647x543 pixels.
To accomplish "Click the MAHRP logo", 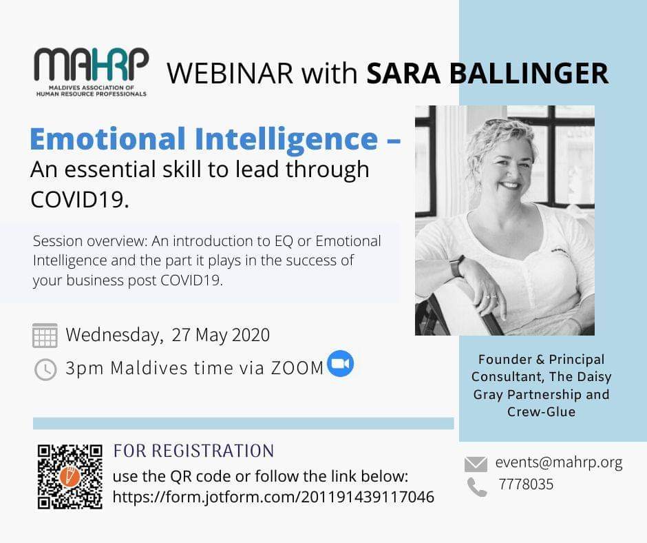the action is (91, 72).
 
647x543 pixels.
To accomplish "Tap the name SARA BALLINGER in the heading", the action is (488, 74).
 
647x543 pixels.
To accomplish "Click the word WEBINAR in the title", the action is (230, 74).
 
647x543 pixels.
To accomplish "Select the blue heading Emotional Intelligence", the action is (204, 139).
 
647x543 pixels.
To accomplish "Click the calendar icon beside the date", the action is (45, 335).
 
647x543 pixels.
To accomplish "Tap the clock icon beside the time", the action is (45, 369).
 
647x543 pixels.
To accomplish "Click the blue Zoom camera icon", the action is (341, 363).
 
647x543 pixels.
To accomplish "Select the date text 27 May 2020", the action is (221, 335).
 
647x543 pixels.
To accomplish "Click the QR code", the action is (70, 476).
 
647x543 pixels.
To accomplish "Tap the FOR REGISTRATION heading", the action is (193, 451).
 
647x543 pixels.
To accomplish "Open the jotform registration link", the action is (273, 497).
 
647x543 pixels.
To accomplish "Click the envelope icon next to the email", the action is (476, 464).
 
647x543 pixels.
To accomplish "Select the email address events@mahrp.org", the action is (559, 463).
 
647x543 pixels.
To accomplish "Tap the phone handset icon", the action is (477, 486).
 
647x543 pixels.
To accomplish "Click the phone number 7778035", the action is (526, 484).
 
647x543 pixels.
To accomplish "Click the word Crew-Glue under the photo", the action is (542, 411).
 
